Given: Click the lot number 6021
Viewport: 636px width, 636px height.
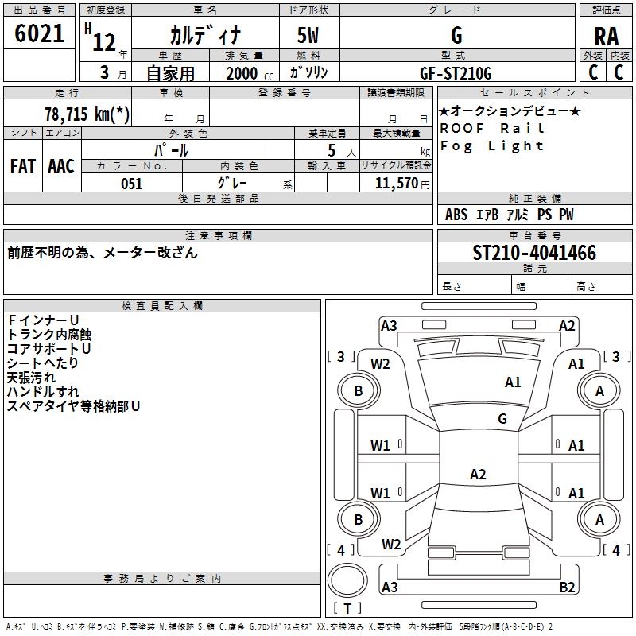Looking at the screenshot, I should (40, 34).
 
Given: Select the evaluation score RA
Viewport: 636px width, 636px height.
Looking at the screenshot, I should (605, 36).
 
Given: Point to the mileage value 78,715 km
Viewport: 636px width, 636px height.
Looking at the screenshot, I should (87, 114).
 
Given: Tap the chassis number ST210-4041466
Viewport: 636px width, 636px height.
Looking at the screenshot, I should (534, 253).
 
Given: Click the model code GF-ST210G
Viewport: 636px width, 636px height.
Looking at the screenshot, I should (456, 73).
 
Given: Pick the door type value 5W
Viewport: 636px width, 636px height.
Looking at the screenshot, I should (308, 36).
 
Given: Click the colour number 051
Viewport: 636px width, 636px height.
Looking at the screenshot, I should (131, 184).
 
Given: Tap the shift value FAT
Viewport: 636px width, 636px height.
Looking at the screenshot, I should (23, 165).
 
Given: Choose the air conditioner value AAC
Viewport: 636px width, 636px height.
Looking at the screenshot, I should (61, 165).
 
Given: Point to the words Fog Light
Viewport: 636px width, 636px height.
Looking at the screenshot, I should (492, 145).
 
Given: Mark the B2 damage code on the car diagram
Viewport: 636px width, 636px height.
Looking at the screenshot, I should (568, 588).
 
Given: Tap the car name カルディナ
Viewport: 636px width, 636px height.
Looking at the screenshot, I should (204, 36).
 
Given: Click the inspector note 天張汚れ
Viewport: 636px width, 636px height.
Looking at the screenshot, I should (33, 378).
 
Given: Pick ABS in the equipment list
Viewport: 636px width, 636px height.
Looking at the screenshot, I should (456, 215).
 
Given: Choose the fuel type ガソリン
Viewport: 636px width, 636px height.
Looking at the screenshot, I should (308, 72).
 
